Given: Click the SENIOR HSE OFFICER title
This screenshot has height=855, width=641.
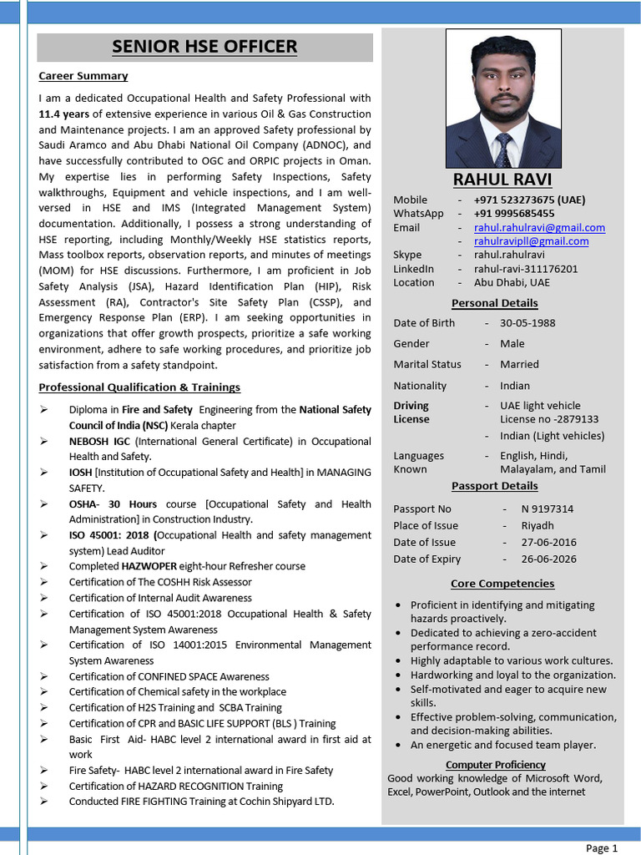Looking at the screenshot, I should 204,47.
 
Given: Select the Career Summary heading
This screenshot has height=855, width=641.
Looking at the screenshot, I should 83,76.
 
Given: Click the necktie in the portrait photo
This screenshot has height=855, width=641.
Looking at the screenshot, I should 502,150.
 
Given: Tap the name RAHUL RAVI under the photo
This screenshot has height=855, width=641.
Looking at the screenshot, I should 502,180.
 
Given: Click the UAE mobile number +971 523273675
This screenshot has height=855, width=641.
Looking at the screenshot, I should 529,200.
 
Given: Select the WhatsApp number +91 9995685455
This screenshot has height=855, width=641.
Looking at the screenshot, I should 513,214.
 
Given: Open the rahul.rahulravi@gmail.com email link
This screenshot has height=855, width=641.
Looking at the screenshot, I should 539,227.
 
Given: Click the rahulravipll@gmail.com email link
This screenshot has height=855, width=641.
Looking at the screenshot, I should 531,241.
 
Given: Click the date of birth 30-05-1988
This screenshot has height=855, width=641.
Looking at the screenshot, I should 527,323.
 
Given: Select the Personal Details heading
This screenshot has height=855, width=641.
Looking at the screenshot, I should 494,303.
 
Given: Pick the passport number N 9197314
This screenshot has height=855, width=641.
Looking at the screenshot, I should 547,508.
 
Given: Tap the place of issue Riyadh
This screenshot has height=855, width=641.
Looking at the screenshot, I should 538,525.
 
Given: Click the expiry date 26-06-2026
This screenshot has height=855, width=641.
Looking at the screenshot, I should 548,559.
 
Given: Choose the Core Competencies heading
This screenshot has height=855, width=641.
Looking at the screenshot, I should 502,584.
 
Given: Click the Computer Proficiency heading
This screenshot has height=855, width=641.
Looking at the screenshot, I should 495,765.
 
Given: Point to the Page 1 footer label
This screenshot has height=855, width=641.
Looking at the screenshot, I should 602,847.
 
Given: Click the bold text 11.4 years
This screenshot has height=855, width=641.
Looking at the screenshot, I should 64,114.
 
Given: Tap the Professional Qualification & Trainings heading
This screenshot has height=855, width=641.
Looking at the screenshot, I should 139,387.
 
